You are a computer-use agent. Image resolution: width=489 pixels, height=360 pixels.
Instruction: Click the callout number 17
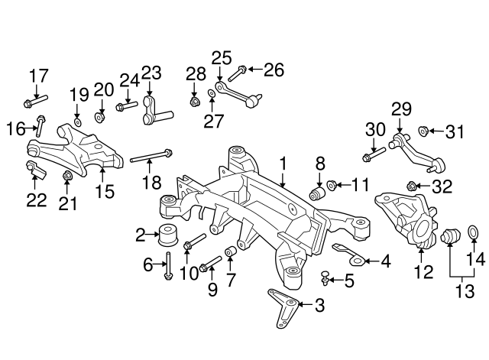(x=38, y=76)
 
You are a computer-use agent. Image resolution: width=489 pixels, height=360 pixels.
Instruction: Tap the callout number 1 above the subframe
(x=283, y=163)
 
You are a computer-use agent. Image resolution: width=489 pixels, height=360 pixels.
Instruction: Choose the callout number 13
(x=458, y=290)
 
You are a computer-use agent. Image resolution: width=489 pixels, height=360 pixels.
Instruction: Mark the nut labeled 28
(x=195, y=100)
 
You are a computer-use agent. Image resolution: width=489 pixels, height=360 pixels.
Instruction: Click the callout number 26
(x=274, y=71)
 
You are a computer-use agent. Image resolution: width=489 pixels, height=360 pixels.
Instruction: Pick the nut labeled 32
(x=413, y=186)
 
